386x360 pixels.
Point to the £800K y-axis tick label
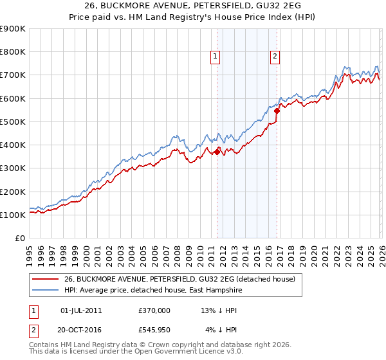point(13,52)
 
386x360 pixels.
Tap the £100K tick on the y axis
point(13,215)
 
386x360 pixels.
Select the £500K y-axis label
point(13,122)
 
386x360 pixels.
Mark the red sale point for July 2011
point(217,152)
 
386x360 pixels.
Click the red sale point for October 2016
point(277,111)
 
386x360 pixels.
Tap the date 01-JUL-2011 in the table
point(80,310)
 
